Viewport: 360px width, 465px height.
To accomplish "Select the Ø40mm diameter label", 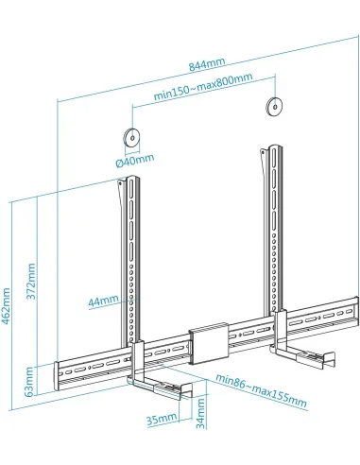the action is coord(134,160).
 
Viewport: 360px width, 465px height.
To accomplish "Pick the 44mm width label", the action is coord(105,301).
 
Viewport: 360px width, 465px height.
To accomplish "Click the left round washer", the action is coord(132,134).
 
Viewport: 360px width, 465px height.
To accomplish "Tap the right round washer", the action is coord(275,106).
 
